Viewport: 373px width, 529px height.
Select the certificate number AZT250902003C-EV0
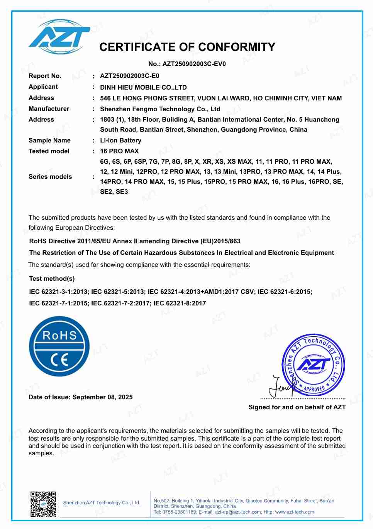194,64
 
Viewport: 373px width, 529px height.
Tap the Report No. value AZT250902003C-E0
129,76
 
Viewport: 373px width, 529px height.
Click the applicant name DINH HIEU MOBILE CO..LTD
143,87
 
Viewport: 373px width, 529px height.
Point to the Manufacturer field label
49,109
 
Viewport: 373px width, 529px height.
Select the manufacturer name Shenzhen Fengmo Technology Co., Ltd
160,109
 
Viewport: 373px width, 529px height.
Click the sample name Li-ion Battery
120,141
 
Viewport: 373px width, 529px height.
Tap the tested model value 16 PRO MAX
119,151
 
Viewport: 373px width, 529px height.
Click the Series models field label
50,177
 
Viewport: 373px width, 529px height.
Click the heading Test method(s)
52,279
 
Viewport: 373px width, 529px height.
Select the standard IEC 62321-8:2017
180,303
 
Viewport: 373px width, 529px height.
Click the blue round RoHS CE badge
59,346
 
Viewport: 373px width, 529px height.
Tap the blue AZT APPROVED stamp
313,365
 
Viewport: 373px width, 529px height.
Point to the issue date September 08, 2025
102,397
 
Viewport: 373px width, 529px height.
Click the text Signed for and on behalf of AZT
297,407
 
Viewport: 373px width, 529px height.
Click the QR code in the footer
43,504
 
